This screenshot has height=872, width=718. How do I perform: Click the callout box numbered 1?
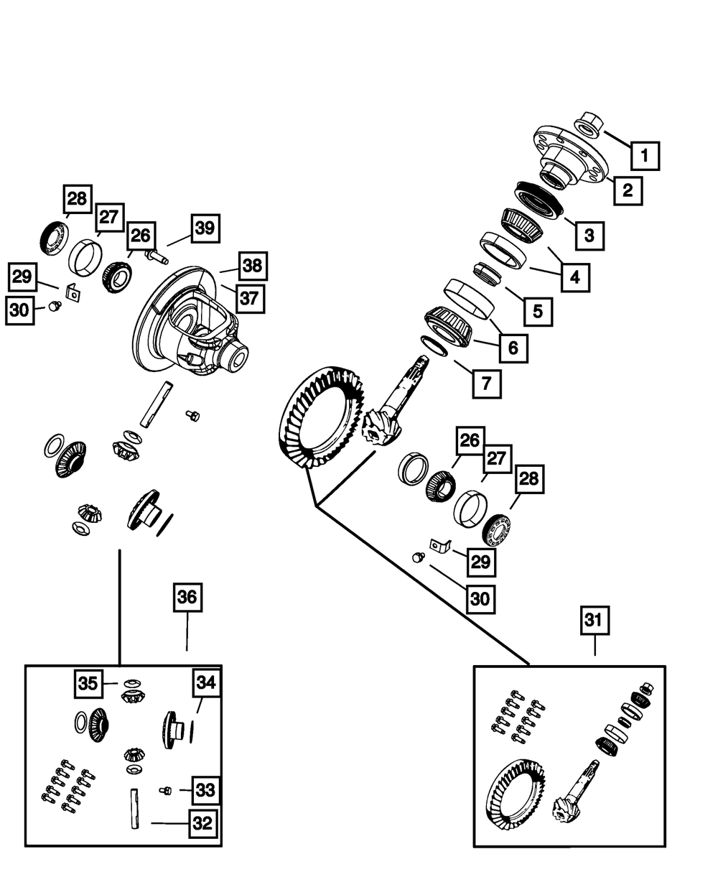(645, 154)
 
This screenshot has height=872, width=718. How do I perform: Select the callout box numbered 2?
(628, 190)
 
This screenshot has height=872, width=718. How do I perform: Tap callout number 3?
(589, 234)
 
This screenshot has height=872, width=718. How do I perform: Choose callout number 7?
(486, 384)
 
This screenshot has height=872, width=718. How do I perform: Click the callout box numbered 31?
(595, 622)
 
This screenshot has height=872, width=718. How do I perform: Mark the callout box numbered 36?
(187, 598)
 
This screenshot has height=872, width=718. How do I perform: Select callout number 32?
(203, 823)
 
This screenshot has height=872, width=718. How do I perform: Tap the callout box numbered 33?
(205, 791)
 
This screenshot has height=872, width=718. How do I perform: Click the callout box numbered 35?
(88, 684)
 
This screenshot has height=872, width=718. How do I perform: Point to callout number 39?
(205, 229)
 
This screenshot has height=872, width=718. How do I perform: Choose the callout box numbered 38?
(251, 265)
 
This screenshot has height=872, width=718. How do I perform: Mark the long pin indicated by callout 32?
(134, 810)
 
